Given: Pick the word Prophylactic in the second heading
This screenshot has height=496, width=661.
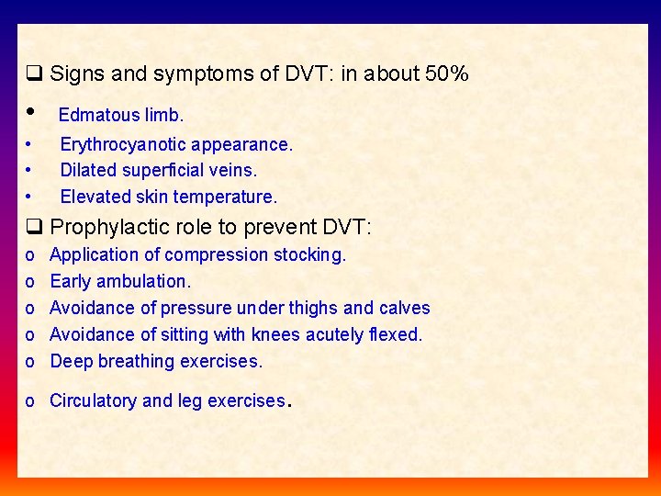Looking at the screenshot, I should (105, 227).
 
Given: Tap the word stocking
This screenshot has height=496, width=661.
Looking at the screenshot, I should (310, 254).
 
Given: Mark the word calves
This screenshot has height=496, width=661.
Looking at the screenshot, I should (404, 308).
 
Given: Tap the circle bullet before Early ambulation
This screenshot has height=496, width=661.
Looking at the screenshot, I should (31, 282).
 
